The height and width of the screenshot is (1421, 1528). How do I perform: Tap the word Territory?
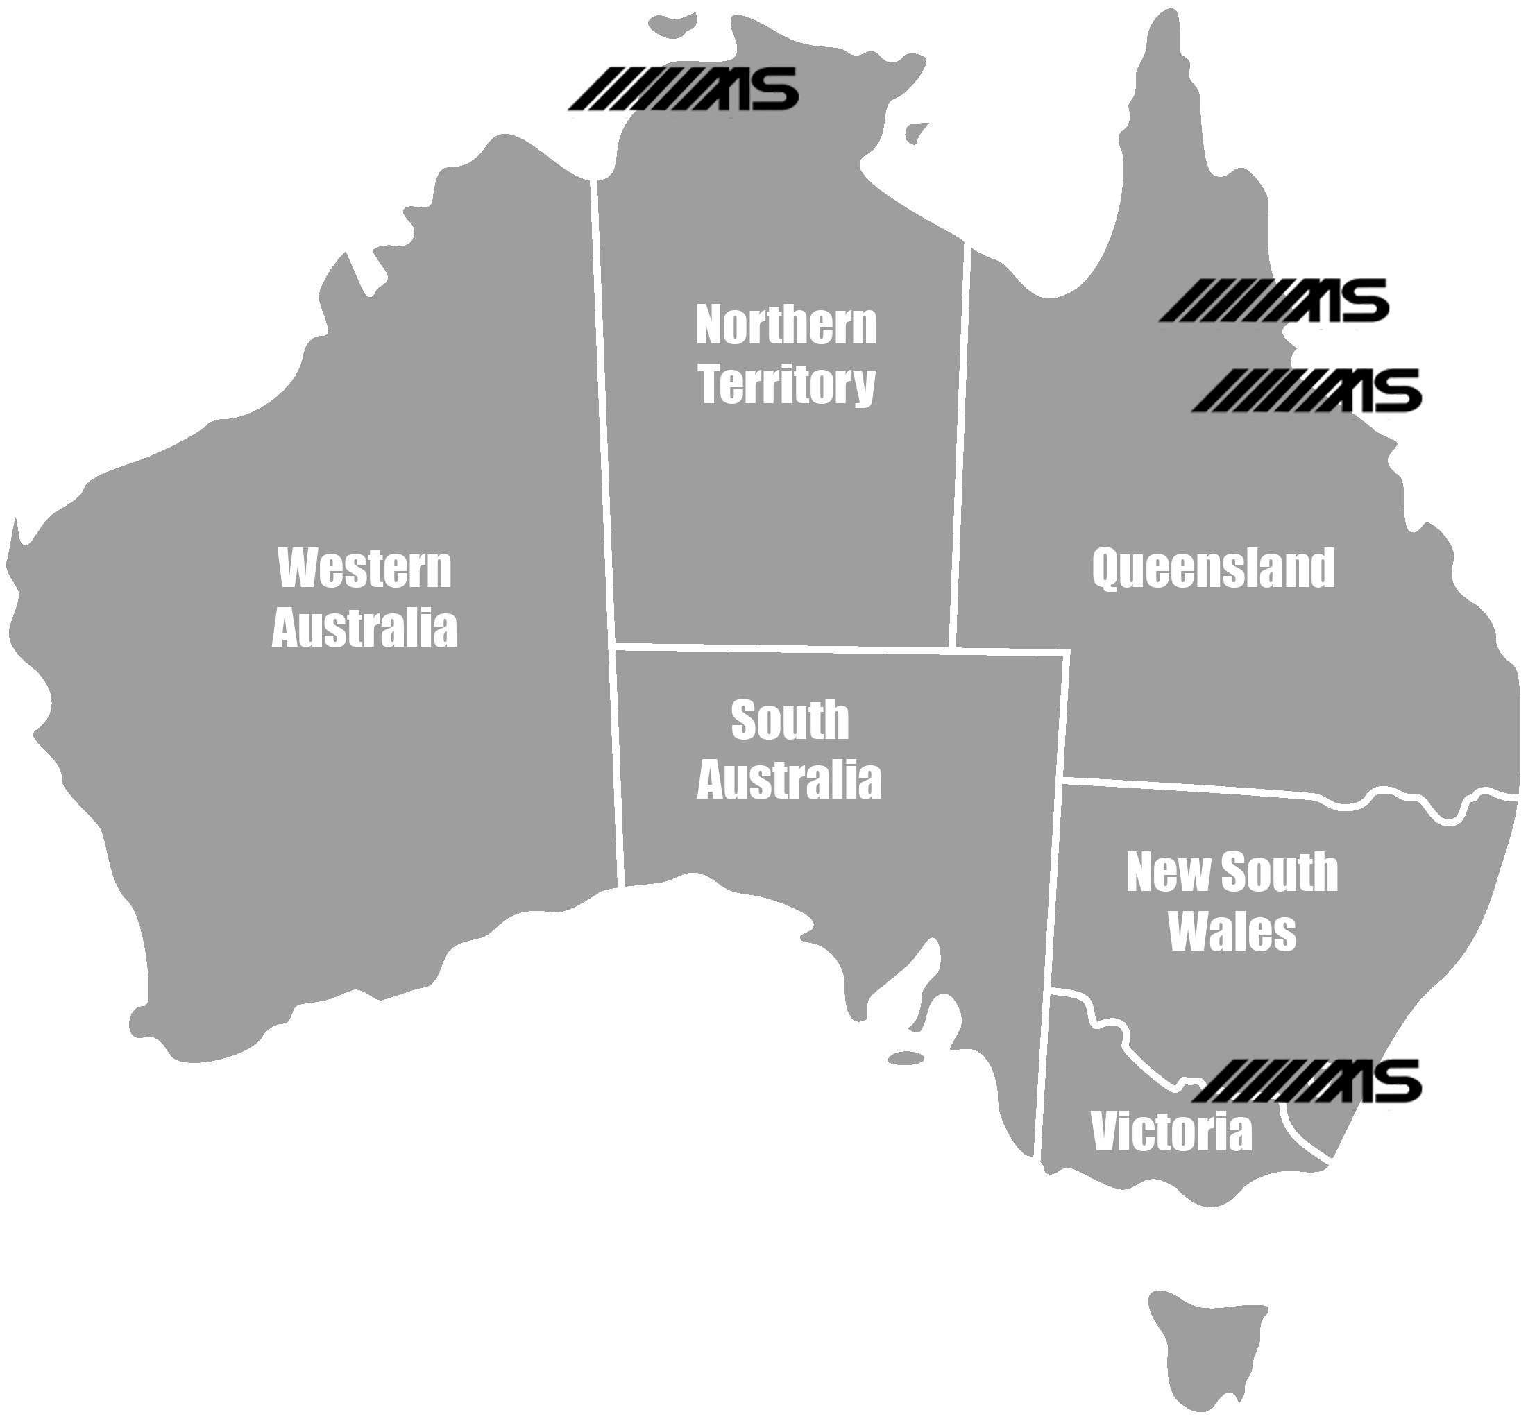(786, 384)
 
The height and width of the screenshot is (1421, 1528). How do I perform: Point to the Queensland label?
(1213, 569)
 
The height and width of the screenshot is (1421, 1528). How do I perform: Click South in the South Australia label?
(790, 720)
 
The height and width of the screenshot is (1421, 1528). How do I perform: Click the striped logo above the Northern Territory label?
(681, 91)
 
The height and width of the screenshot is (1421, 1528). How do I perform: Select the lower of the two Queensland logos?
(1307, 393)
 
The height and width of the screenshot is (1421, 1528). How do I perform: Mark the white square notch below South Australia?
(644, 1118)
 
